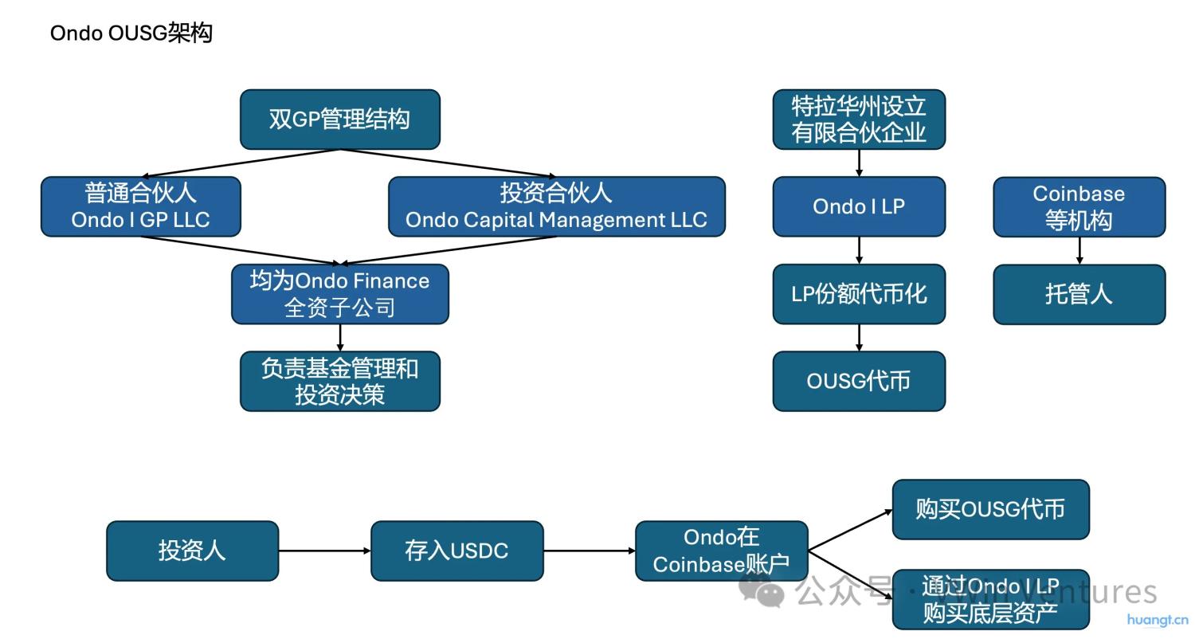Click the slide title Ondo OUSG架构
coord(131,33)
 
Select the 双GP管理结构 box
coord(340,120)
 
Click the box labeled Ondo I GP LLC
coord(140,207)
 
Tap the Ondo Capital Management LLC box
coord(556,207)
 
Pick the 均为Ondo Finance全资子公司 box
coord(340,294)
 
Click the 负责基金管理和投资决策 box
coord(340,381)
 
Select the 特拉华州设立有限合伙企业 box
coord(859,120)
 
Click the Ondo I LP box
coord(859,207)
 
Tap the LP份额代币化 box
coord(859,294)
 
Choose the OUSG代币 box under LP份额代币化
coord(859,381)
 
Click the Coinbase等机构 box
coord(1079,207)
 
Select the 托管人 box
coord(1079,294)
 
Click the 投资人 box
coord(192,551)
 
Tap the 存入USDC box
coord(456,551)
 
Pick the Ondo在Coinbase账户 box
coord(721,551)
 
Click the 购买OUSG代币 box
coord(990,509)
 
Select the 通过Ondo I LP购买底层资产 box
coord(990,599)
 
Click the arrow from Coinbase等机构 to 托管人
coord(1079,250)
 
